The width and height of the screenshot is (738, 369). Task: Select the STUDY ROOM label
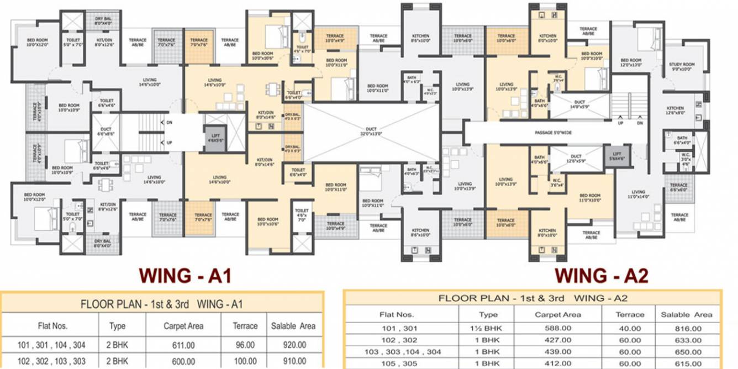pos(680,67)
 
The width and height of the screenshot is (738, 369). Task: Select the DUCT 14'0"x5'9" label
pos(579,103)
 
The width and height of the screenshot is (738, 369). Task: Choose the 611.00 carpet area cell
pos(183,346)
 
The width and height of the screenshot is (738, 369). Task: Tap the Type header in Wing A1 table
pos(118,326)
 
